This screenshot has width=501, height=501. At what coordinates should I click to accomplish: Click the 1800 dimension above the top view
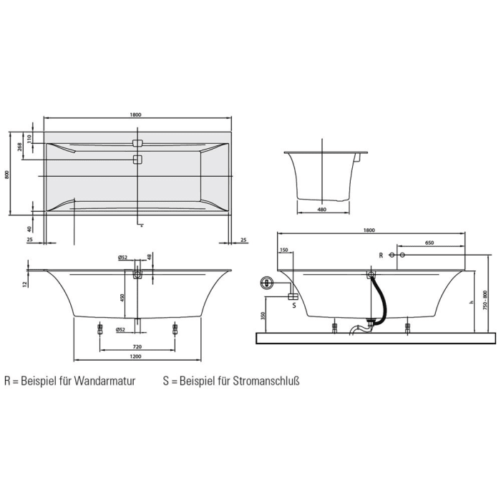point(136,115)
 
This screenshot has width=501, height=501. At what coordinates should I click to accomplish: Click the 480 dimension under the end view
point(321,210)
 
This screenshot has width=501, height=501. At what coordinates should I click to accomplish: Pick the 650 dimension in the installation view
point(429,243)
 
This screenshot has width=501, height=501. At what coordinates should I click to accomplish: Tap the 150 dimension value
point(283,250)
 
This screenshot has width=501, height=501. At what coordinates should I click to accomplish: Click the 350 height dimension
point(263,315)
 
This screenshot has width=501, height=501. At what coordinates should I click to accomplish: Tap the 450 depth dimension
point(122,297)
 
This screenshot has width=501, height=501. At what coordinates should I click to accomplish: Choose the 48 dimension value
point(150,257)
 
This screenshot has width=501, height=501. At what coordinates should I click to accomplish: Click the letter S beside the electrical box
point(294,306)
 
